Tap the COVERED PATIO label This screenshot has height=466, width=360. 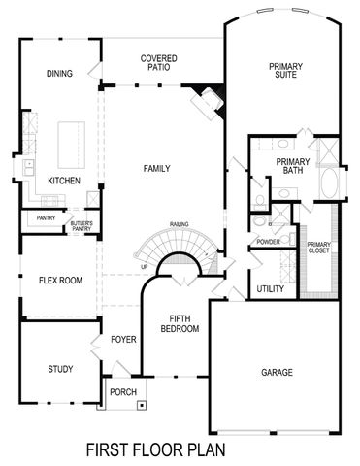click(x=157, y=64)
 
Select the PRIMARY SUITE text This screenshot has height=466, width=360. click(x=285, y=71)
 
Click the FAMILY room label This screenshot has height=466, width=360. click(x=156, y=169)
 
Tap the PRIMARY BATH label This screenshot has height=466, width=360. click(x=292, y=167)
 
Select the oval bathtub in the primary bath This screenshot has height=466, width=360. click(x=328, y=184)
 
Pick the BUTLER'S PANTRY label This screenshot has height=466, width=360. click(x=81, y=228)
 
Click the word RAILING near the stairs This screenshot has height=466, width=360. click(x=179, y=222)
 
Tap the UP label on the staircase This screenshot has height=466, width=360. click(x=145, y=266)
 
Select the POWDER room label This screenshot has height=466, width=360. click(x=269, y=241)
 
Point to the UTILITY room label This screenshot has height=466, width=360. click(x=270, y=289)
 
